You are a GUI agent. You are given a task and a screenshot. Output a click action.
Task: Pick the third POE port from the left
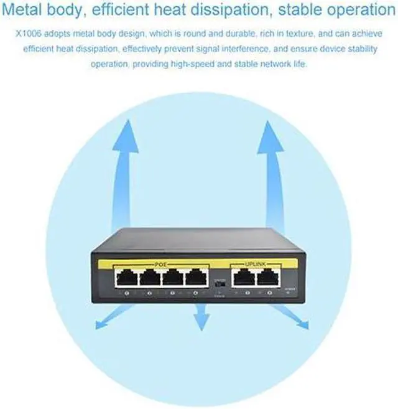point(172,276)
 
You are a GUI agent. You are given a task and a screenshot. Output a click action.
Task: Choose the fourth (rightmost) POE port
point(195,276)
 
